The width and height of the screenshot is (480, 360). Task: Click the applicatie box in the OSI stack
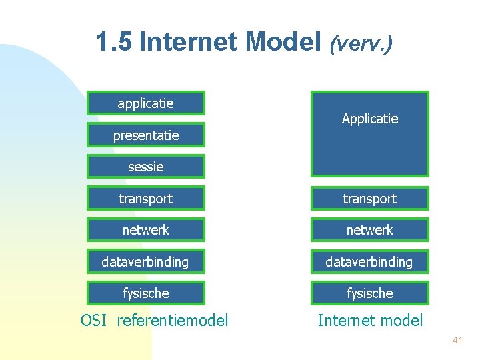(145, 103)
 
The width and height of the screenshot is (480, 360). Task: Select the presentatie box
(145, 135)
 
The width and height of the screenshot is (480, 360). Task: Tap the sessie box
(145, 167)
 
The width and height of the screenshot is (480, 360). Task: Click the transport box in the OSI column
(145, 199)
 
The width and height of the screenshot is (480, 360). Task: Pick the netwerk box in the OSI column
(145, 230)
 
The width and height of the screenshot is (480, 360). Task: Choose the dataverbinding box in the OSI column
(145, 262)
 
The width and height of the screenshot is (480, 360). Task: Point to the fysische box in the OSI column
(145, 293)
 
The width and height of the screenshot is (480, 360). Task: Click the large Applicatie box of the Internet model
(369, 133)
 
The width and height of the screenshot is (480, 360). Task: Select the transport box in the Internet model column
(369, 199)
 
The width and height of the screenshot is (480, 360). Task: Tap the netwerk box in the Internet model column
(369, 230)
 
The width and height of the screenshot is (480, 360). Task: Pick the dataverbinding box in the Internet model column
(369, 262)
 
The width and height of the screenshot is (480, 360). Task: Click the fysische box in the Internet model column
(369, 293)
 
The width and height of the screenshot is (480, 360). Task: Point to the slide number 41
(457, 340)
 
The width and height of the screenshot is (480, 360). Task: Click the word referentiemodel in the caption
(172, 321)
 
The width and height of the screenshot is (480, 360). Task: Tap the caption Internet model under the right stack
(370, 321)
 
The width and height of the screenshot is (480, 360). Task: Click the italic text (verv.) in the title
(361, 43)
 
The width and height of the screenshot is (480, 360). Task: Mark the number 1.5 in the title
(114, 42)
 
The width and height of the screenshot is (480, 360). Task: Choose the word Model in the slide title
(283, 42)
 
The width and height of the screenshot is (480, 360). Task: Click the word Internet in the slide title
(189, 42)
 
